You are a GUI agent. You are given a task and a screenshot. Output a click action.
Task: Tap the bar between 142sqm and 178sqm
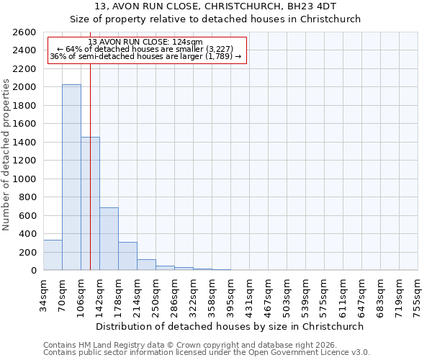click(109, 238)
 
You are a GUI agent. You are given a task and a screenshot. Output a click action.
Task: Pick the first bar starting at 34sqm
click(53, 255)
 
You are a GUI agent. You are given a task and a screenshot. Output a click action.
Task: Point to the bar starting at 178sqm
click(127, 256)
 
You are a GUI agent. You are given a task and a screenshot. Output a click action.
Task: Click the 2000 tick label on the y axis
click(24, 87)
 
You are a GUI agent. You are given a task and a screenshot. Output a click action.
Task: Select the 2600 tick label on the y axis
click(24, 32)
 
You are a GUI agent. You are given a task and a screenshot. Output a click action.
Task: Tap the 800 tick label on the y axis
click(27, 197)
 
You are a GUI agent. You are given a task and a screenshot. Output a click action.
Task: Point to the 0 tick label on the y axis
click(33, 271)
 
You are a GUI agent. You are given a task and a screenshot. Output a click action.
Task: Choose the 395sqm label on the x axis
click(230, 297)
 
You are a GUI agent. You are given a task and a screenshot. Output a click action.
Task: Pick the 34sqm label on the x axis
click(43, 294)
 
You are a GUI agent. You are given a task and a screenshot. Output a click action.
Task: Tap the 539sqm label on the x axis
click(305, 297)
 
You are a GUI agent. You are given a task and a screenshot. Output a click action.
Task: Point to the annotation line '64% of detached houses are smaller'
click(148, 48)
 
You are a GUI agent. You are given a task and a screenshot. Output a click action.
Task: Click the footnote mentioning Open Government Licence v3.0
click(207, 352)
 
